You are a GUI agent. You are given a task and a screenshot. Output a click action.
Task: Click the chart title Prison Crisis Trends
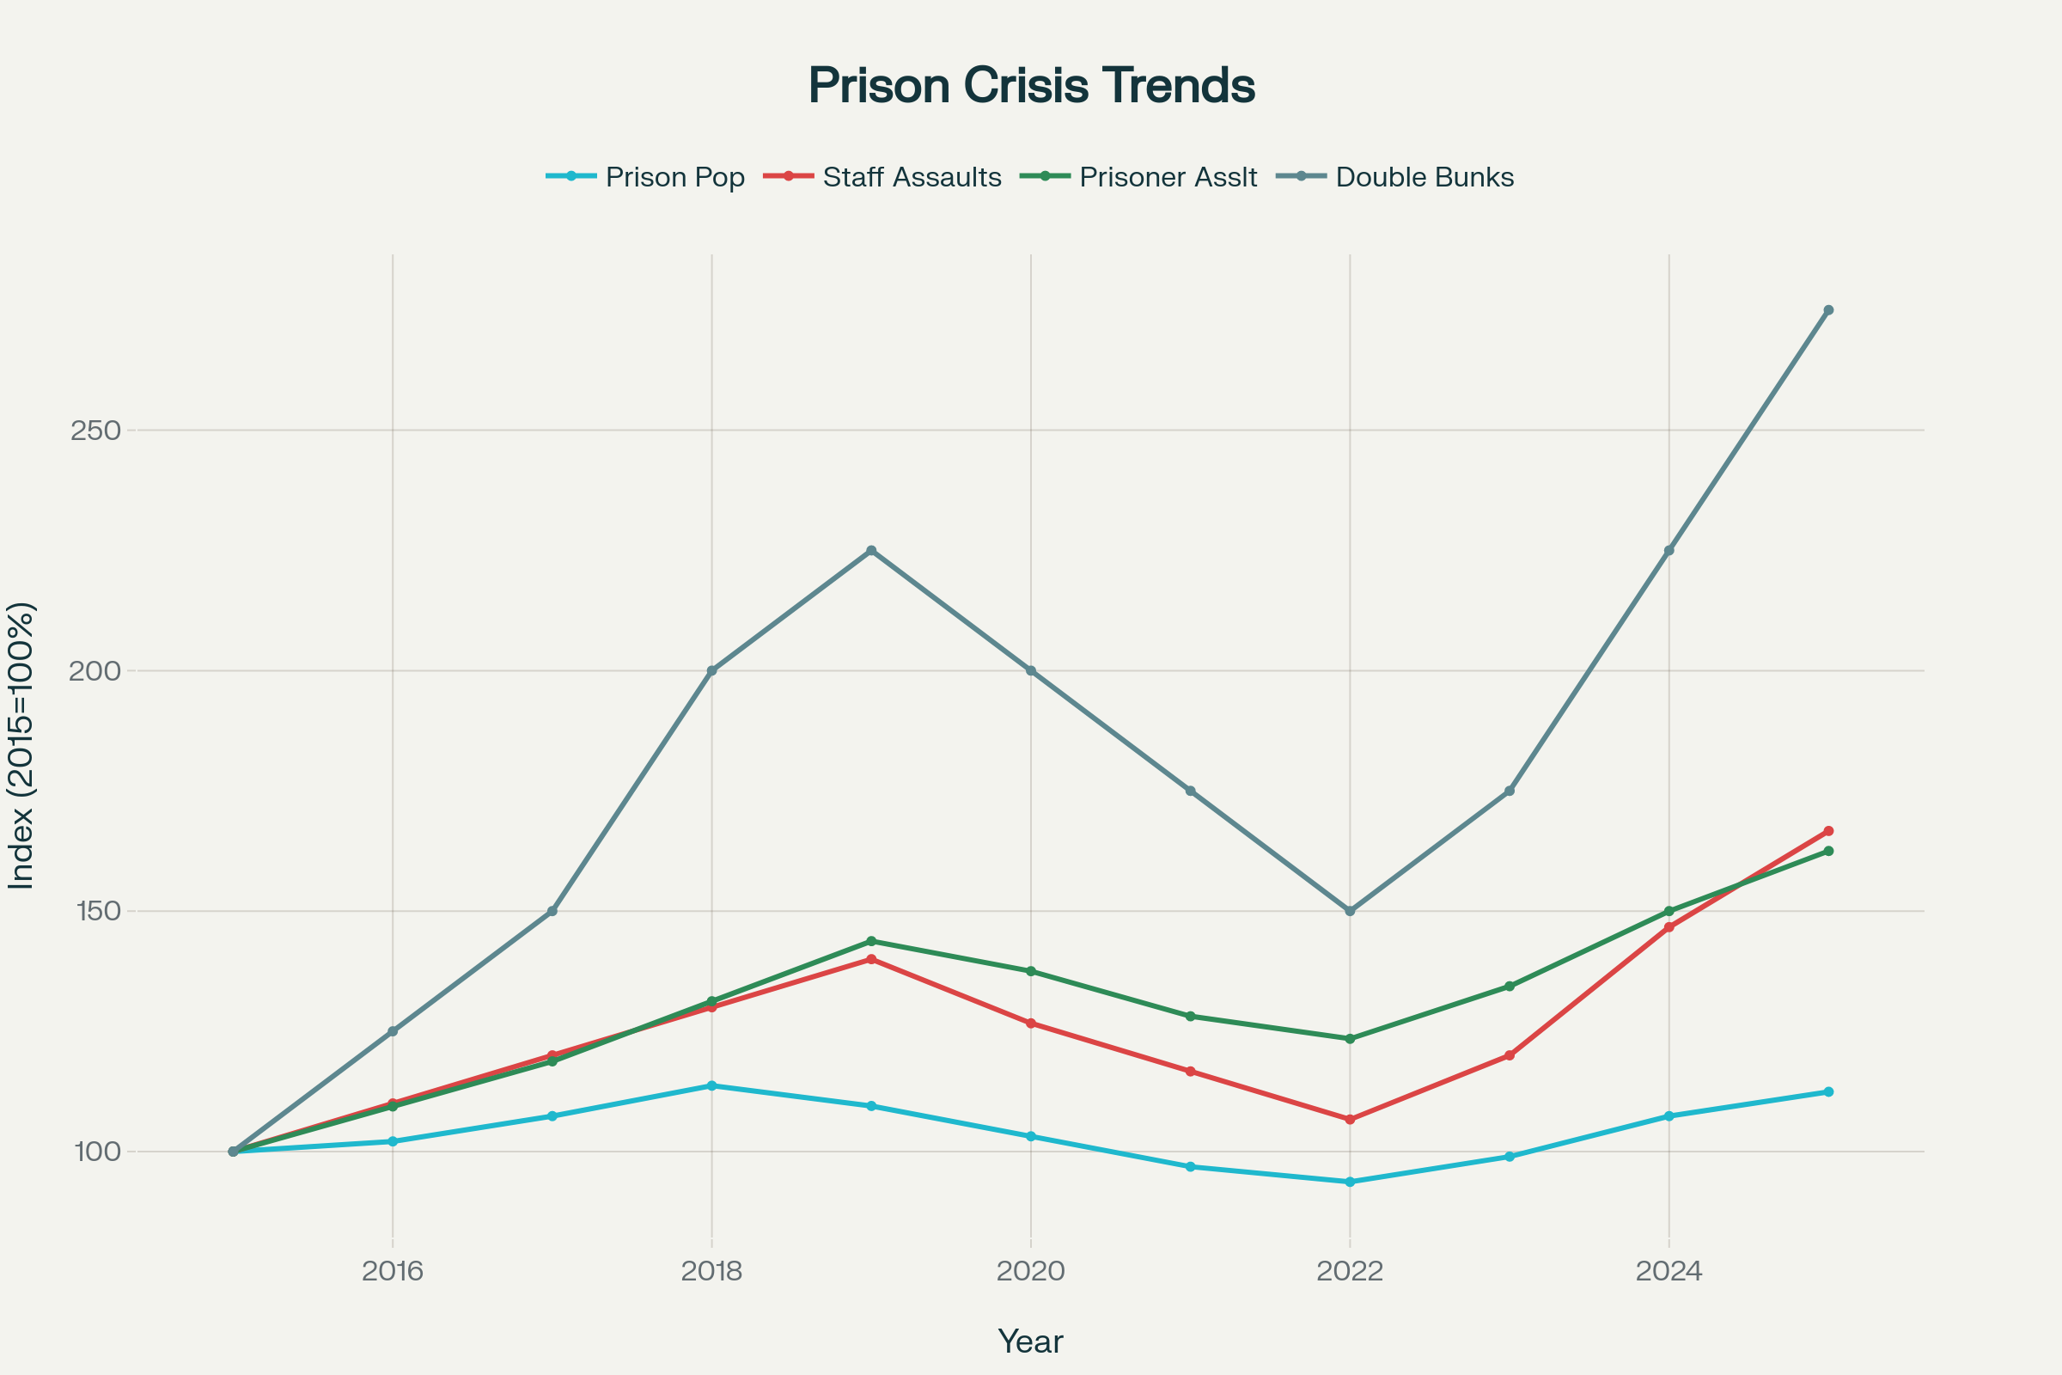(x=1031, y=86)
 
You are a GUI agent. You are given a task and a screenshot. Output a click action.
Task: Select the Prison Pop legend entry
(x=674, y=177)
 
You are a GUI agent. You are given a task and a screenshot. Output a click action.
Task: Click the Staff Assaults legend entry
(x=911, y=177)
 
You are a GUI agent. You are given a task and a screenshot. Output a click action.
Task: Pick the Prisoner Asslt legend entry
(x=1168, y=177)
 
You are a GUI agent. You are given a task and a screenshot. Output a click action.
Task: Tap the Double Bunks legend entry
(x=1424, y=177)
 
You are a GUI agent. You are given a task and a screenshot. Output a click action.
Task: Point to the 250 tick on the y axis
(x=95, y=431)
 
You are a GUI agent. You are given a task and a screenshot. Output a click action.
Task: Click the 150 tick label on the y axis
(x=95, y=911)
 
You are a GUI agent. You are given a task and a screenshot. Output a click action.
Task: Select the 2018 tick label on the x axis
(x=712, y=1271)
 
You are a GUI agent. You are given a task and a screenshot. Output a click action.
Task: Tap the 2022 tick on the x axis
(x=1350, y=1271)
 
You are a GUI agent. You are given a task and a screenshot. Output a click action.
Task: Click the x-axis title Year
(x=1031, y=1341)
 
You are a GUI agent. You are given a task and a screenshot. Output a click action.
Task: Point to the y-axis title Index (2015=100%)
(x=21, y=745)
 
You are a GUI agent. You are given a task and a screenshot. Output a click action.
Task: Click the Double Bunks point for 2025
(x=1829, y=310)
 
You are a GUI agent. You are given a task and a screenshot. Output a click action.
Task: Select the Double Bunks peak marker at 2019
(x=871, y=551)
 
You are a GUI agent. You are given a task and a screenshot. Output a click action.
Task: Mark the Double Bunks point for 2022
(x=1350, y=911)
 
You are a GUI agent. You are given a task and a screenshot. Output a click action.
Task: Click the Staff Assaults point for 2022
(x=1350, y=1120)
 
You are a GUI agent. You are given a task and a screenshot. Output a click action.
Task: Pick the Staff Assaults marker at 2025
(x=1829, y=830)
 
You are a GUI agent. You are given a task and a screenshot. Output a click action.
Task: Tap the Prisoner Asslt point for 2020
(x=1031, y=972)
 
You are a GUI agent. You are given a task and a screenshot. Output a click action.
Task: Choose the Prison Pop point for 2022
(x=1350, y=1182)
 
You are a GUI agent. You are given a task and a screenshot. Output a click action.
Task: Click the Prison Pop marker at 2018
(x=712, y=1085)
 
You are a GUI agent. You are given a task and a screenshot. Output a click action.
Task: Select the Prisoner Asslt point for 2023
(x=1510, y=987)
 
